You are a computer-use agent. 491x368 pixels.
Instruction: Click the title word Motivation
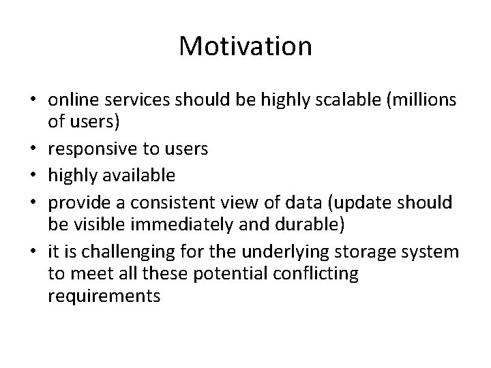(245, 46)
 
